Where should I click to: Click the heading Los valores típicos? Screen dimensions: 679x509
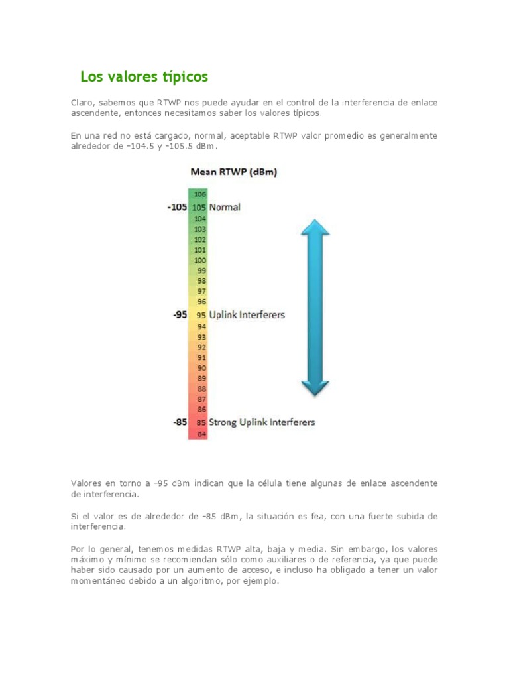[x=144, y=77]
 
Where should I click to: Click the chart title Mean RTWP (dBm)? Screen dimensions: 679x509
[x=233, y=172]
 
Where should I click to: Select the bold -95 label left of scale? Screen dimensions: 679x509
[x=180, y=315]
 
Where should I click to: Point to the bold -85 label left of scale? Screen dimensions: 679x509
[x=180, y=422]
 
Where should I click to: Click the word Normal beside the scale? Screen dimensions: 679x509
[x=225, y=207]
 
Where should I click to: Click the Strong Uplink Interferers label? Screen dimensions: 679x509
[x=262, y=422]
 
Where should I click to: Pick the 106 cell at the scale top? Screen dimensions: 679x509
[x=200, y=194]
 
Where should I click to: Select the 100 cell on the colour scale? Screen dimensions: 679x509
[x=200, y=261]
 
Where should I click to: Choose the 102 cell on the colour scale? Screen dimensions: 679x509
[x=200, y=239]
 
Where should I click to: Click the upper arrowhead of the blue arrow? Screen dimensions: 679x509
[x=315, y=229]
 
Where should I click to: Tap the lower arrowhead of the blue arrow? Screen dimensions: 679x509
[x=315, y=387]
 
